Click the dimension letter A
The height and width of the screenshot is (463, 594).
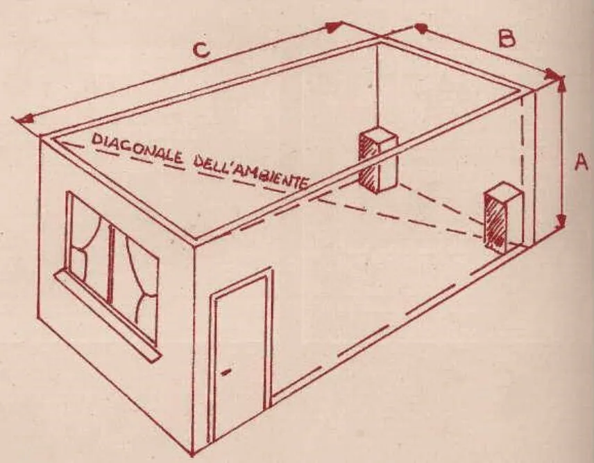coord(581,161)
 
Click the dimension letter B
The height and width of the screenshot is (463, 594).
coord(507,39)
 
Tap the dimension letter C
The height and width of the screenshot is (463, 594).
coord(201,49)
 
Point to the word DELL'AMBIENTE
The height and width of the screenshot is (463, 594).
coord(251,173)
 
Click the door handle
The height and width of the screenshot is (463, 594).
coord(226,372)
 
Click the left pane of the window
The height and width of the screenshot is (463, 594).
coord(88,247)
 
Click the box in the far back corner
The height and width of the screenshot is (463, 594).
coord(377,159)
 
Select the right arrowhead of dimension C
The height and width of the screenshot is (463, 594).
coord(334,26)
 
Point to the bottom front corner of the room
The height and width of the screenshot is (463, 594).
coord(192,451)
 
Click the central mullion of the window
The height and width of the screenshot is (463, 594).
coord(110,264)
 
